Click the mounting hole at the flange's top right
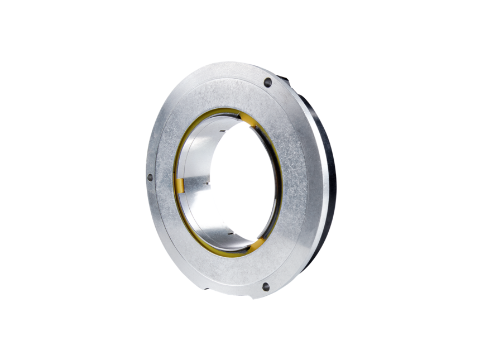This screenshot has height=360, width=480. (x=267, y=83)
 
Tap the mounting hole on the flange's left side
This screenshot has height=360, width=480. (x=150, y=179)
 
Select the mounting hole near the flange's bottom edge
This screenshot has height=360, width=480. (x=266, y=287)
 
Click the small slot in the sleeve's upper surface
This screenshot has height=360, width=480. (x=223, y=130)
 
